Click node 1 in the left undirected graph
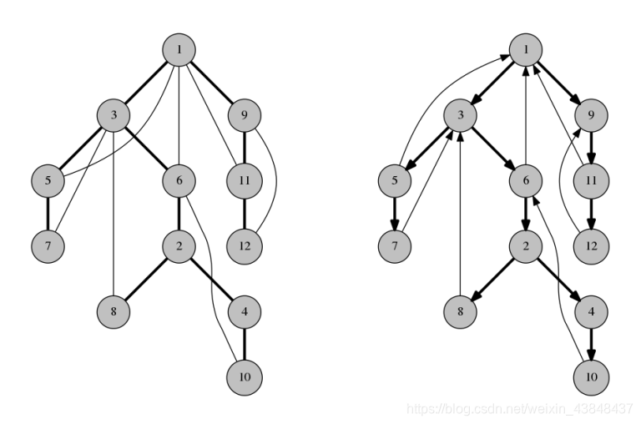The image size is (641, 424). click(179, 49)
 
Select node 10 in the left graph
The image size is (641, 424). click(243, 377)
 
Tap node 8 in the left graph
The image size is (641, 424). click(114, 311)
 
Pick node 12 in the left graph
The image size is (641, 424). click(243, 245)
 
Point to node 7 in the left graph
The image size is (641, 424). click(48, 245)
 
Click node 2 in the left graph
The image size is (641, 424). click(179, 245)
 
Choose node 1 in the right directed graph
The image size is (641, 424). click(527, 49)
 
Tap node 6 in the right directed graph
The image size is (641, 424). click(527, 179)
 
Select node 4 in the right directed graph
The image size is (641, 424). click(591, 311)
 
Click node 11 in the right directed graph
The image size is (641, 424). click(591, 179)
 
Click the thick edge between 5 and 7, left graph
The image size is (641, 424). click(48, 212)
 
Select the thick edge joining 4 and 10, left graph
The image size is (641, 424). click(243, 344)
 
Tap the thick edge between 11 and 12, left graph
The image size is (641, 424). click(243, 212)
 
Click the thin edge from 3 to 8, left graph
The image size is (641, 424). click(114, 217)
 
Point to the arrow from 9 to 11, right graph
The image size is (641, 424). click(591, 147)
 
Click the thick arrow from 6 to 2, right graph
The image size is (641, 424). click(527, 212)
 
